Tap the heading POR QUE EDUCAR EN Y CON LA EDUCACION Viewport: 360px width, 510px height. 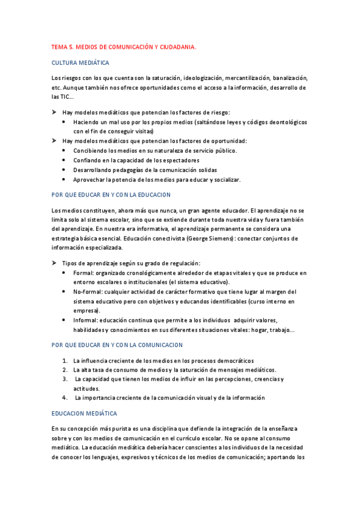coord(111,195)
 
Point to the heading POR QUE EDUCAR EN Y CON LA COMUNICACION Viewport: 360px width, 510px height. coord(117,345)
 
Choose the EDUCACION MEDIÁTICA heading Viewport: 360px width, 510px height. coord(85,414)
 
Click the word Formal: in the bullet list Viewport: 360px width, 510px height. coord(84,272)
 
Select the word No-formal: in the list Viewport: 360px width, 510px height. coord(88,292)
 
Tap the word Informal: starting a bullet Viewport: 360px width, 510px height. coord(86,320)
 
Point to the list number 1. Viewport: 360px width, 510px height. coord(65,360)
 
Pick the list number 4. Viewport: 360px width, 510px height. coord(65,398)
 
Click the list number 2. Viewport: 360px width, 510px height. coord(65,369)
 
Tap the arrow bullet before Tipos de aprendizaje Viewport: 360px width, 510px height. coord(55,263)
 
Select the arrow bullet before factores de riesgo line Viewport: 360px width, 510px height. coord(55,112)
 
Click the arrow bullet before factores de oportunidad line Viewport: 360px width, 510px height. coord(55,141)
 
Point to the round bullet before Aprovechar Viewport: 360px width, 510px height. coord(65,180)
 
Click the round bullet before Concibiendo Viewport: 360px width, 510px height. coord(65,150)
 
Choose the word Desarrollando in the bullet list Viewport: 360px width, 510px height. coord(93,170)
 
